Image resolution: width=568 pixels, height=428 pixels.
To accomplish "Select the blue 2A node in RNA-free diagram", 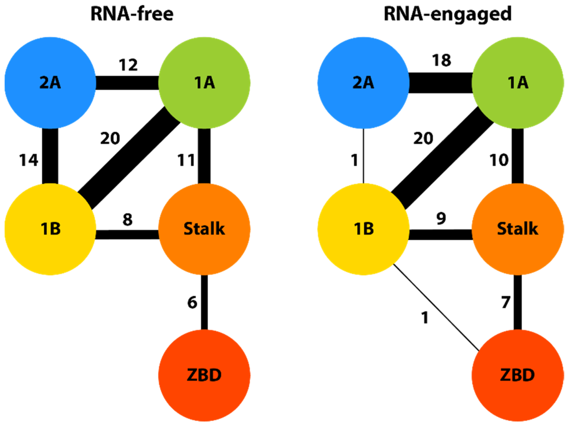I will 50,83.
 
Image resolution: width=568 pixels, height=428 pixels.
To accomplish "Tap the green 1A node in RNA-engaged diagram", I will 518,83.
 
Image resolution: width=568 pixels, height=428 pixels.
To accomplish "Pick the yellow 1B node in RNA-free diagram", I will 50,229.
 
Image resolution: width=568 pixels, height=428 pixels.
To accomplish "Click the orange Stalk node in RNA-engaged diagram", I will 518,229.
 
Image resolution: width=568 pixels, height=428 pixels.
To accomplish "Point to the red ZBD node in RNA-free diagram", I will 204,375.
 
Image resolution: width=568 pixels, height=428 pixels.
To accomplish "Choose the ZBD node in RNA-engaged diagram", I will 518,375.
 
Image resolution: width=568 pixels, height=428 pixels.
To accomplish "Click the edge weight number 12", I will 128,65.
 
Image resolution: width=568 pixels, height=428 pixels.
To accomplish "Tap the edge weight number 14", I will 28,160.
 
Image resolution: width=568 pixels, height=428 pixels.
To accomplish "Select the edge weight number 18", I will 441,61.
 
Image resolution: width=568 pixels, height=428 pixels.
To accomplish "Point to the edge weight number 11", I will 186,160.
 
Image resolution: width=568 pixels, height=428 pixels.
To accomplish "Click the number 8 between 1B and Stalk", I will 128,220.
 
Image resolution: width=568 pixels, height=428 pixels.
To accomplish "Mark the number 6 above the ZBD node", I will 192,303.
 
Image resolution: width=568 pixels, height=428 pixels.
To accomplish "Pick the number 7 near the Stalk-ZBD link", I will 506,303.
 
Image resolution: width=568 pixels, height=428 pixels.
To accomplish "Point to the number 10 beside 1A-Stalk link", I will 499,160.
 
